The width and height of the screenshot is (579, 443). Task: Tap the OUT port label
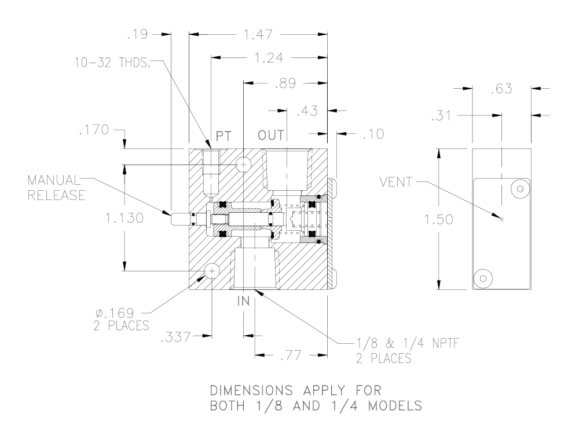pyautogui.click(x=271, y=136)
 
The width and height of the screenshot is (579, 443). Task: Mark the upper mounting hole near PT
pyautogui.click(x=243, y=165)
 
